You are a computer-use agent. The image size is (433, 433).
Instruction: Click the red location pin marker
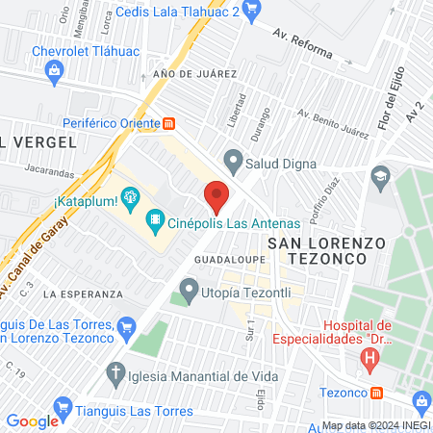tap(216, 195)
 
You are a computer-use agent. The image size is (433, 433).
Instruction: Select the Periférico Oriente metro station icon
tap(169, 123)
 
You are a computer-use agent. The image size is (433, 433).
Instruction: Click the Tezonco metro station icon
tap(377, 393)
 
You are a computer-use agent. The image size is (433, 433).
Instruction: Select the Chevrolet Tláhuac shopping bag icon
tap(55, 69)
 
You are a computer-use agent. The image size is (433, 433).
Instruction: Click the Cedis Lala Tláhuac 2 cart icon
tap(252, 11)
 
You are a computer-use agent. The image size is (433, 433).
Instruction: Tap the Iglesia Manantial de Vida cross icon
tap(116, 373)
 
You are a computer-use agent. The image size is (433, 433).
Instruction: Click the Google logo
tap(32, 420)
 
